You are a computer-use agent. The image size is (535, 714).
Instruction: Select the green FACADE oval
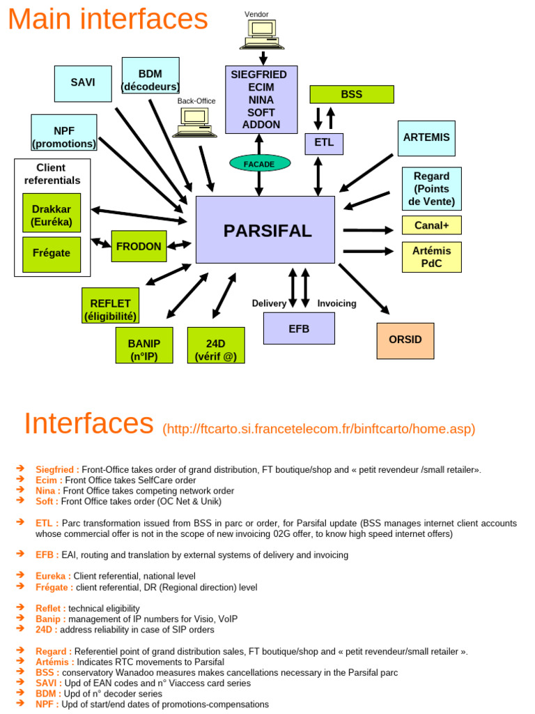pyautogui.click(x=258, y=164)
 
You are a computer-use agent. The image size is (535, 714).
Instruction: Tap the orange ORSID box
pyautogui.click(x=405, y=340)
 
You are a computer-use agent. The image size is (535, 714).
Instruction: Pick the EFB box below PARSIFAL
pyautogui.click(x=299, y=328)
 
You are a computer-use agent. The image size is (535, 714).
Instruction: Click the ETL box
pyautogui.click(x=324, y=143)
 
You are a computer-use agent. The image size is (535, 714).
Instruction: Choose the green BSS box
pyautogui.click(x=351, y=94)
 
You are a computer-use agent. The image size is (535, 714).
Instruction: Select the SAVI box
pyautogui.click(x=83, y=83)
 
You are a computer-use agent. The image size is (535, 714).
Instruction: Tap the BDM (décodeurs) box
pyautogui.click(x=150, y=75)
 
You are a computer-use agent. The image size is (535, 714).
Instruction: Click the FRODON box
pyautogui.click(x=139, y=246)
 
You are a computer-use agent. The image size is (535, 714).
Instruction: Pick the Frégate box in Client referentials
pyautogui.click(x=52, y=254)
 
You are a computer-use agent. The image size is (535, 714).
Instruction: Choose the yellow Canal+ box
pyautogui.click(x=431, y=225)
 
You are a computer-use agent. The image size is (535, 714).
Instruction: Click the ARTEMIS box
pyautogui.click(x=426, y=138)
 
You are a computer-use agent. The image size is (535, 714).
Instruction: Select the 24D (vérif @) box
pyautogui.click(x=216, y=345)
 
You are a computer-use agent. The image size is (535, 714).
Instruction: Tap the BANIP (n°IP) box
pyautogui.click(x=144, y=345)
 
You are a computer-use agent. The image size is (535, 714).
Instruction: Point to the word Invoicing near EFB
pyautogui.click(x=336, y=303)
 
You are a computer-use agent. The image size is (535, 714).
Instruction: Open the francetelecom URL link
pyautogui.click(x=318, y=429)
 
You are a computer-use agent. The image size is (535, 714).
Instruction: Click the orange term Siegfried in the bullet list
pyautogui.click(x=57, y=470)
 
